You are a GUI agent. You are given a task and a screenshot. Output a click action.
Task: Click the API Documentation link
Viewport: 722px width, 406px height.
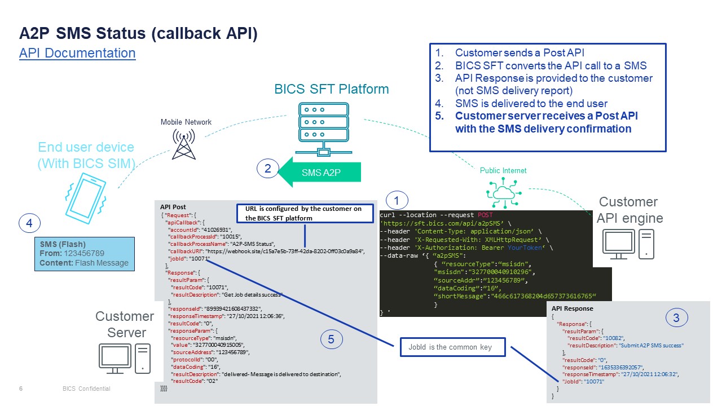pyautogui.click(x=77, y=53)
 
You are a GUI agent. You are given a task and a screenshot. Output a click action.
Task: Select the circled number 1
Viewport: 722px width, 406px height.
pyautogui.click(x=398, y=200)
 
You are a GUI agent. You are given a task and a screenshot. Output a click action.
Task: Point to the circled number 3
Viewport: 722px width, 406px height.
pyautogui.click(x=676, y=318)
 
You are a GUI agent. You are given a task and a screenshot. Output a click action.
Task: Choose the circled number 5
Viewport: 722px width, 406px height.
pyautogui.click(x=331, y=339)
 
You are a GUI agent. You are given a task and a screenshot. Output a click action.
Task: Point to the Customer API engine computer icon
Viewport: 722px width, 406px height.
pyautogui.click(x=628, y=244)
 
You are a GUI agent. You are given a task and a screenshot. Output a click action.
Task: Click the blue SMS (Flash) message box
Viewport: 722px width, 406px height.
pyautogui.click(x=85, y=254)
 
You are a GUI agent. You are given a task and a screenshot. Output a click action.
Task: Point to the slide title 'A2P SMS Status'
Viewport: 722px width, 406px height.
pyautogui.click(x=138, y=33)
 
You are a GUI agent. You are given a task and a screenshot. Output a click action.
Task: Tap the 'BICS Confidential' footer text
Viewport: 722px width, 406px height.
pyautogui.click(x=86, y=389)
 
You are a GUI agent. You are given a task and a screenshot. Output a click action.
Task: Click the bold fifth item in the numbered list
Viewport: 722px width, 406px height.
pyautogui.click(x=546, y=122)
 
